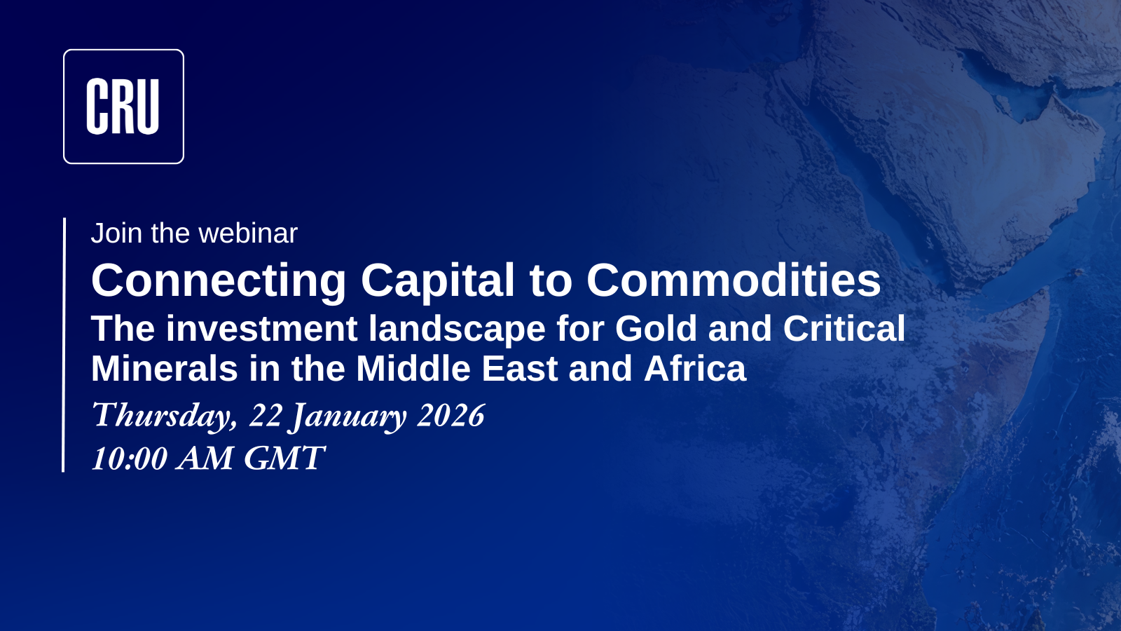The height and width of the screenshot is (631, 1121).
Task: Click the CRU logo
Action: [x=123, y=107]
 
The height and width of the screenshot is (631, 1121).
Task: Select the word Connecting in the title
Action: [x=219, y=280]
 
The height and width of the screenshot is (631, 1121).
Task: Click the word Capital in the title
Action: [x=438, y=280]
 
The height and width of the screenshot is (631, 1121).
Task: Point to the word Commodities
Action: [x=734, y=280]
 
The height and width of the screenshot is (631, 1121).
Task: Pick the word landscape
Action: [x=457, y=330]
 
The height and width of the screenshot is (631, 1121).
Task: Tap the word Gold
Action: [x=656, y=329]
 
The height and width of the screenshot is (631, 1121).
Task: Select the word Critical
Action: [x=844, y=329]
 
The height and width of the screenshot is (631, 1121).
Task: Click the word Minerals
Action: [x=165, y=369]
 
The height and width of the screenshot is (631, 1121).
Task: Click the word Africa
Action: [x=695, y=369]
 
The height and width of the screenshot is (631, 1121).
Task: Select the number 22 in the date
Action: [x=266, y=415]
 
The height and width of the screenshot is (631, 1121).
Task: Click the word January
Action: [x=349, y=416]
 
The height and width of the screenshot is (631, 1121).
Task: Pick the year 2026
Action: [x=451, y=415]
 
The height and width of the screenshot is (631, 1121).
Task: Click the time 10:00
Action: [x=130, y=459]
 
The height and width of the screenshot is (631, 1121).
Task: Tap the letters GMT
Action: [x=284, y=459]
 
